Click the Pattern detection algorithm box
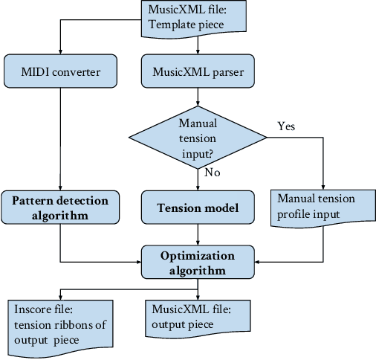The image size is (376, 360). point(59,208)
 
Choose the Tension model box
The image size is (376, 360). point(198,208)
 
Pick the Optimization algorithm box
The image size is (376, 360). point(198,263)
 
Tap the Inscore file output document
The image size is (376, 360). point(61,321)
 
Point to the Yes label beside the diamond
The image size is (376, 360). point(286,126)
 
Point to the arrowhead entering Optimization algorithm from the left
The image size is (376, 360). point(138,263)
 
